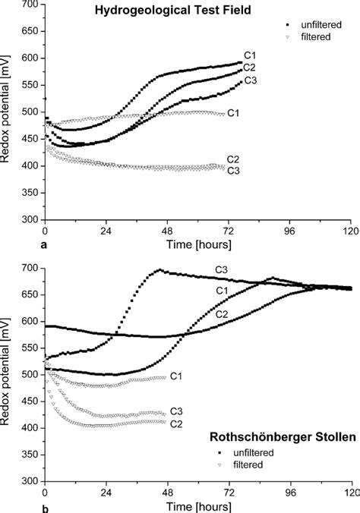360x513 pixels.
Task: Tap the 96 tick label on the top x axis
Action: [x=289, y=231]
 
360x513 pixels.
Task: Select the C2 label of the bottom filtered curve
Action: [x=175, y=423]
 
